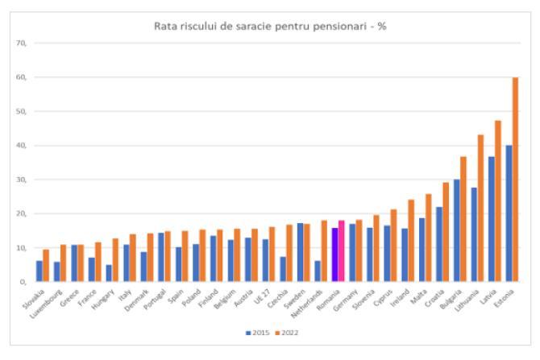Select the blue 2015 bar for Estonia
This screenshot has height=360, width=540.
pos(508,213)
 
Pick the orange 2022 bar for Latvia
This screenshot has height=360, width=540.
pos(498,201)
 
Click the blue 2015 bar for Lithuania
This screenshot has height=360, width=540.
pos(473,234)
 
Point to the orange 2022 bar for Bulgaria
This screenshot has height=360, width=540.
pos(463,219)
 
